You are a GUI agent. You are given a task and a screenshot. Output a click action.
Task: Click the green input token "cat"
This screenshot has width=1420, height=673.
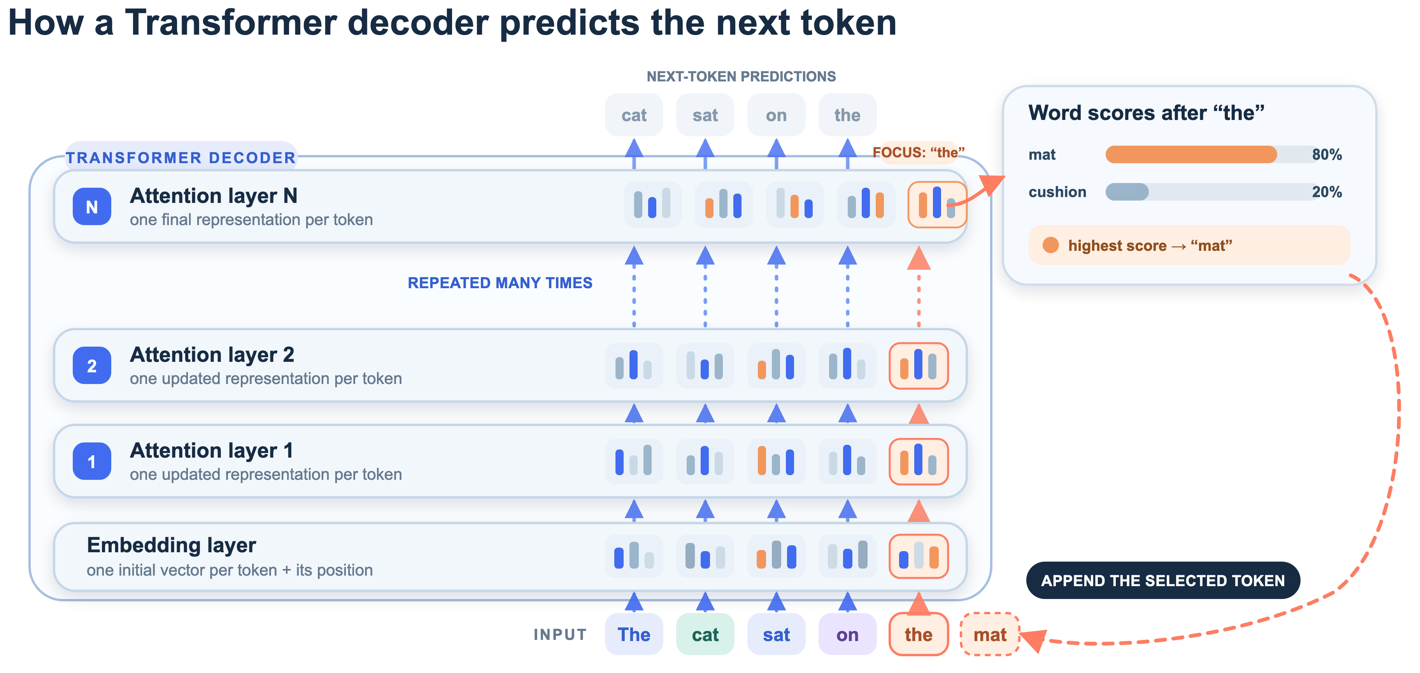705,634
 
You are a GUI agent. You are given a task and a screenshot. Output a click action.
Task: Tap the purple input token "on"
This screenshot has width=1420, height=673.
847,634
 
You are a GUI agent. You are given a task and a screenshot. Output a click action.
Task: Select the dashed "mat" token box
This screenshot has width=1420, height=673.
990,634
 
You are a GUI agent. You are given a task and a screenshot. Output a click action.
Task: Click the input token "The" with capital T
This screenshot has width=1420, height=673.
634,634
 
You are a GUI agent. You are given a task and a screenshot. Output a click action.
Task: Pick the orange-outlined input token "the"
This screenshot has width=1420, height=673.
919,634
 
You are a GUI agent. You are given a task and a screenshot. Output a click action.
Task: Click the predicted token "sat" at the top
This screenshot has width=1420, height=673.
705,115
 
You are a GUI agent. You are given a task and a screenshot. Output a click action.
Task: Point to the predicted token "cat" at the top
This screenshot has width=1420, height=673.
634,115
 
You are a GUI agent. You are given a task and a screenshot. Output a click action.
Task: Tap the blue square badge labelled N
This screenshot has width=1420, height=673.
92,207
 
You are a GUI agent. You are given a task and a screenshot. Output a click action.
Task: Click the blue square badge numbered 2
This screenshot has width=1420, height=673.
92,366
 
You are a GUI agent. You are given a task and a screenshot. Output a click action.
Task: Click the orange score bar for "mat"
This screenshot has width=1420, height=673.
1191,155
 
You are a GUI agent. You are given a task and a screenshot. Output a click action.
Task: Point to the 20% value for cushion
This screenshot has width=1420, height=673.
1327,192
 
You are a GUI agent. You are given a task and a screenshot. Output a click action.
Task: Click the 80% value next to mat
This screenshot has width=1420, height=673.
1327,155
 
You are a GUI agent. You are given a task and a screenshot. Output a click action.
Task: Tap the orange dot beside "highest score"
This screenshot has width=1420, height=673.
1051,245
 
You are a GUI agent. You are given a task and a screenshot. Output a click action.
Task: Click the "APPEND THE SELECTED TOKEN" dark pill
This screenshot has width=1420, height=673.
1163,580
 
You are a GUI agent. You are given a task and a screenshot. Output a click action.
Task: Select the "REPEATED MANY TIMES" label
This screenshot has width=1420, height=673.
500,283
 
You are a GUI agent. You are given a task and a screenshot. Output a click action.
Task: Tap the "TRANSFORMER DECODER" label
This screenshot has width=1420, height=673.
181,158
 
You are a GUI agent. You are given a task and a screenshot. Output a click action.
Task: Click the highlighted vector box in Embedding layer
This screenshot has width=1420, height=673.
919,556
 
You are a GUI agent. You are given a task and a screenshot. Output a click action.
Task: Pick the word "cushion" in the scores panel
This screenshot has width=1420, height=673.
1057,192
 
